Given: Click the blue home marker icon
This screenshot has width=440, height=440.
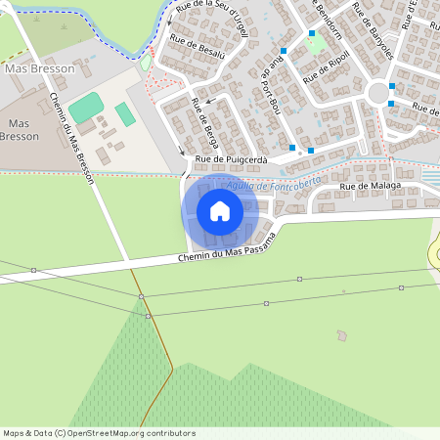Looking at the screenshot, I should (220, 210).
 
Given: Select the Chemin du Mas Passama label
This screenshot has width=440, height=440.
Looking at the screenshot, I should (227, 249).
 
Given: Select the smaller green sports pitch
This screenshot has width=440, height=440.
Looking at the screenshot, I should (125, 114).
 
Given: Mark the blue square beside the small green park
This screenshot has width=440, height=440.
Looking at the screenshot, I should (312, 33).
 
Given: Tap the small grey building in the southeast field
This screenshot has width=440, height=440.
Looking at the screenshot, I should (341, 336).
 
